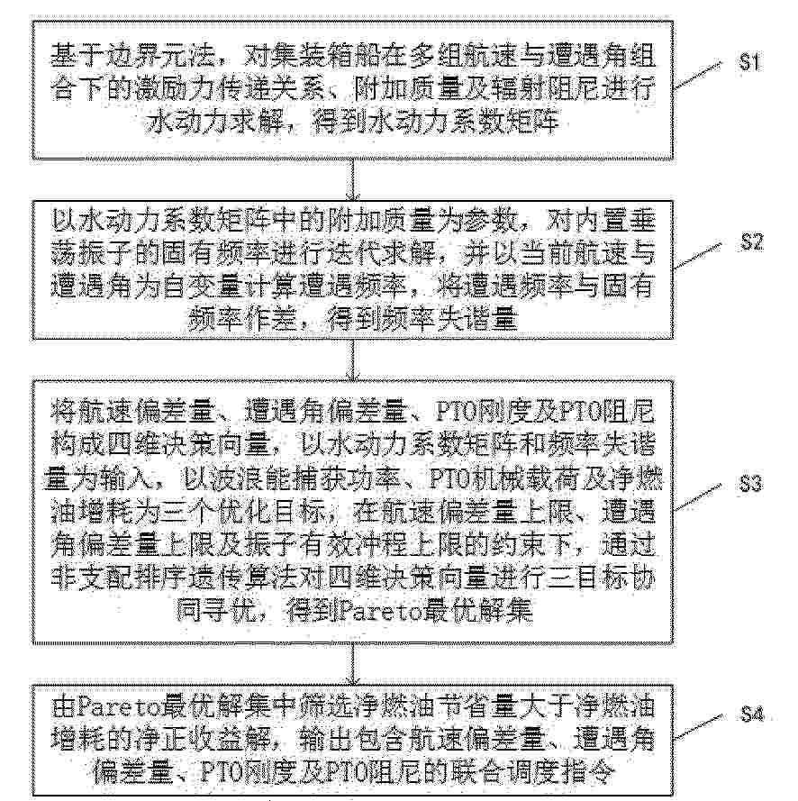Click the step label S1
[749, 62]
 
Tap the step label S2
[751, 241]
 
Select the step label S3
[750, 483]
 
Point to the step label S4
[752, 713]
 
